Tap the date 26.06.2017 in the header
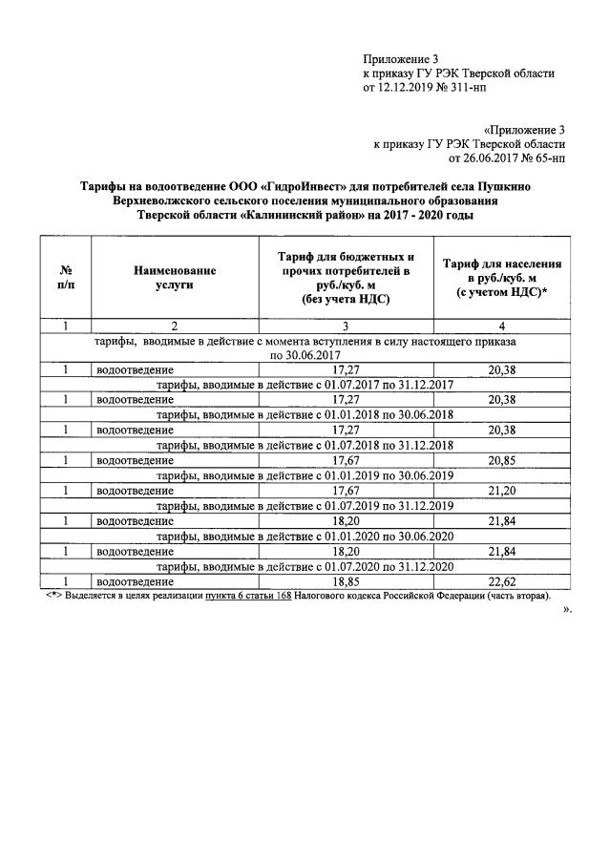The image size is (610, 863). pos(487,159)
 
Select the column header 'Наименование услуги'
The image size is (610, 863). pos(175,278)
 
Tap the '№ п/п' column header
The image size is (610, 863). pos(67,278)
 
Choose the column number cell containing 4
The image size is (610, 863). pos(500,327)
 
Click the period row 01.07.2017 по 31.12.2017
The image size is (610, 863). pos(305,384)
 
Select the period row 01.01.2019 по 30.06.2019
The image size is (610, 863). pos(305,474)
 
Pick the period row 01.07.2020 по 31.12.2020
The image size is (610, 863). pos(305,566)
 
